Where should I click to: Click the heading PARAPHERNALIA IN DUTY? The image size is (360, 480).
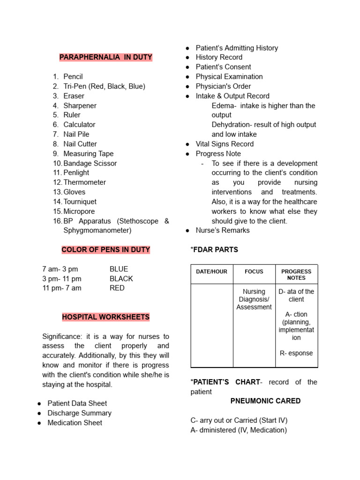pyautogui.click(x=105, y=57)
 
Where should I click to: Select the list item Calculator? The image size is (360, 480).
pyautogui.click(x=79, y=125)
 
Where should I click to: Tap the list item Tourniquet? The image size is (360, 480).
pyautogui.click(x=80, y=202)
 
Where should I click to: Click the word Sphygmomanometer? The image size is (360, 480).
pyautogui.click(x=97, y=230)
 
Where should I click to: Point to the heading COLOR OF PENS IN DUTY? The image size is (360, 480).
pyautogui.click(x=106, y=250)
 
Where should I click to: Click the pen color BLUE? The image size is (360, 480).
pyautogui.click(x=119, y=269)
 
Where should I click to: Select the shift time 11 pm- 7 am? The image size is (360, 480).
pyautogui.click(x=62, y=288)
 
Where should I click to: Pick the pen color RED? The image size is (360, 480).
pyautogui.click(x=117, y=288)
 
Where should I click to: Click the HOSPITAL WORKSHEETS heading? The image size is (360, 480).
pyautogui.click(x=105, y=317)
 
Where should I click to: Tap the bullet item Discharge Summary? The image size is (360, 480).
pyautogui.click(x=79, y=413)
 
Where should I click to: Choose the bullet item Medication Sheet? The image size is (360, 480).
pyautogui.click(x=75, y=422)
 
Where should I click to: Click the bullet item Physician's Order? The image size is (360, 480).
pyautogui.click(x=223, y=86)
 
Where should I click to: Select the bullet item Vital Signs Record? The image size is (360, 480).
pyautogui.click(x=225, y=144)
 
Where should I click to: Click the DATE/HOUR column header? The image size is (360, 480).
pyautogui.click(x=212, y=271)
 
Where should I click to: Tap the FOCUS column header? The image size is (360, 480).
pyautogui.click(x=254, y=271)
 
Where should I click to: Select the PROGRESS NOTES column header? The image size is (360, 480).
pyautogui.click(x=296, y=274)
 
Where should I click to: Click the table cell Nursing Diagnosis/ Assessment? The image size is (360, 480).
pyautogui.click(x=254, y=299)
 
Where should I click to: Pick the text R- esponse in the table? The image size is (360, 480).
pyautogui.click(x=296, y=353)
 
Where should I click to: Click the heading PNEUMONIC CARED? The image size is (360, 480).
pyautogui.click(x=265, y=401)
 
